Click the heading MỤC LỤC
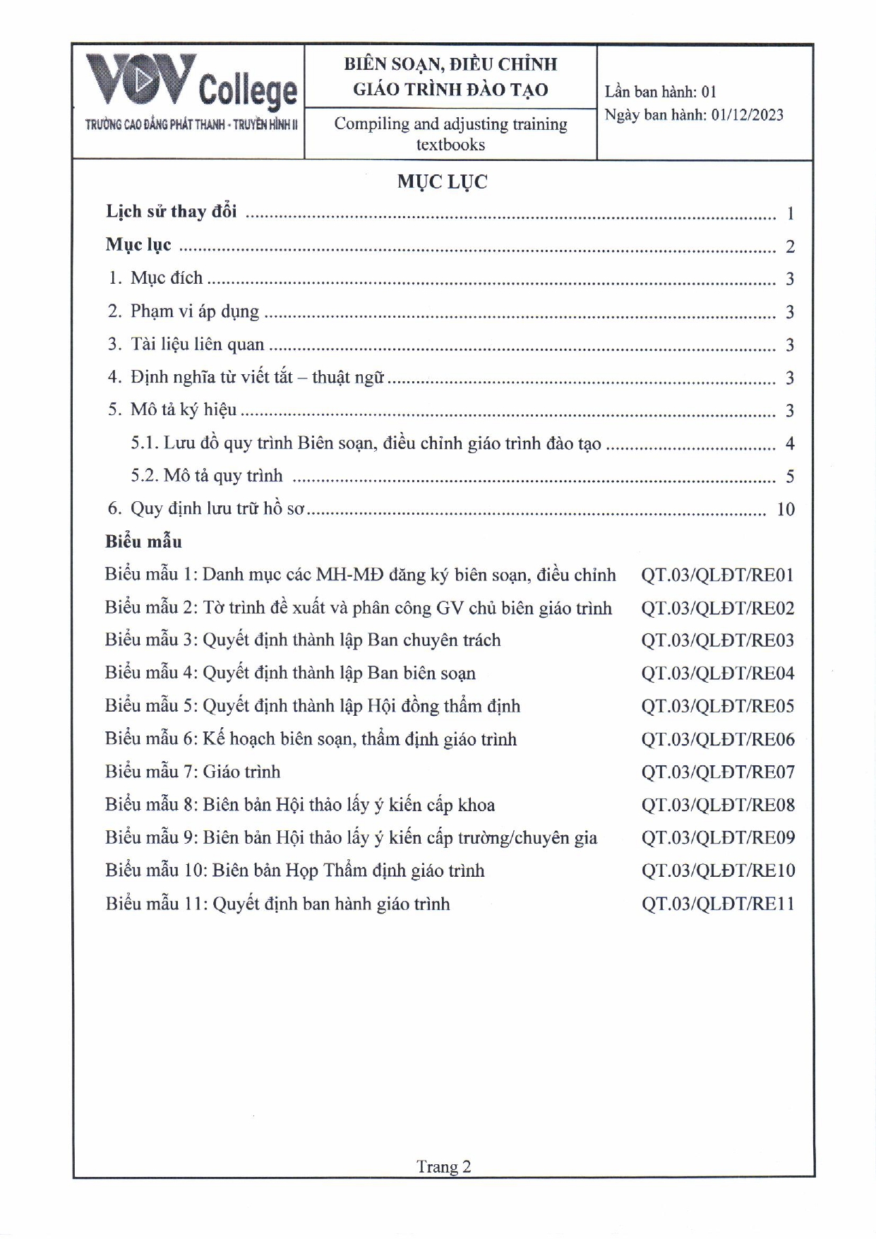442,181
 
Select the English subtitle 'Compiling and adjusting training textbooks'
450,133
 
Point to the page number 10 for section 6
785,509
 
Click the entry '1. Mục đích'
156,278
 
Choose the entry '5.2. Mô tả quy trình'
206,476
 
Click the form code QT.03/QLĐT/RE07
717,772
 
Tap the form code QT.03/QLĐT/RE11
717,904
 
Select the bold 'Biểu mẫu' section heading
143,541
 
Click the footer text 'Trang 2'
443,1166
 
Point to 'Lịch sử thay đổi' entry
172,212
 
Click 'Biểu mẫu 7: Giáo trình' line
193,772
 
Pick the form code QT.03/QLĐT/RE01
717,575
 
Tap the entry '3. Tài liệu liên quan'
186,345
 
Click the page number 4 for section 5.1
790,443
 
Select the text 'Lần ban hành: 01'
660,92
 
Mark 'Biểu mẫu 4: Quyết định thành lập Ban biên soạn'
290,673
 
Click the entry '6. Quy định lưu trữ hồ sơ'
206,509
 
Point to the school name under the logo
191,125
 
